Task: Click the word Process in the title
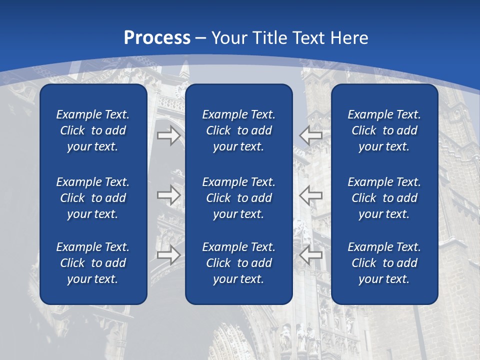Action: pyautogui.click(x=157, y=38)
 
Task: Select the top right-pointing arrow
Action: pyautogui.click(x=168, y=135)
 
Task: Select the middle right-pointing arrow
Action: pyautogui.click(x=168, y=195)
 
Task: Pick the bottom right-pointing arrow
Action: pyautogui.click(x=168, y=254)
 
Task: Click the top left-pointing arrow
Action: pyautogui.click(x=311, y=135)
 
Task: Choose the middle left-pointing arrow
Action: pyautogui.click(x=311, y=195)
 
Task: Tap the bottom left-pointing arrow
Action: pyautogui.click(x=311, y=254)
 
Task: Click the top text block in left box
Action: pyautogui.click(x=93, y=130)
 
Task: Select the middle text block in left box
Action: pyautogui.click(x=93, y=198)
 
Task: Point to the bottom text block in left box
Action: pyautogui.click(x=93, y=263)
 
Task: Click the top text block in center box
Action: pyautogui.click(x=238, y=130)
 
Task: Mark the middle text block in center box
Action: pyautogui.click(x=238, y=198)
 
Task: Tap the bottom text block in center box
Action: pyautogui.click(x=238, y=263)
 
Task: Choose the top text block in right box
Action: pyautogui.click(x=384, y=130)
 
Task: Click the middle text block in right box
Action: pyautogui.click(x=384, y=198)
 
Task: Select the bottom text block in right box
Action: pyautogui.click(x=384, y=263)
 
